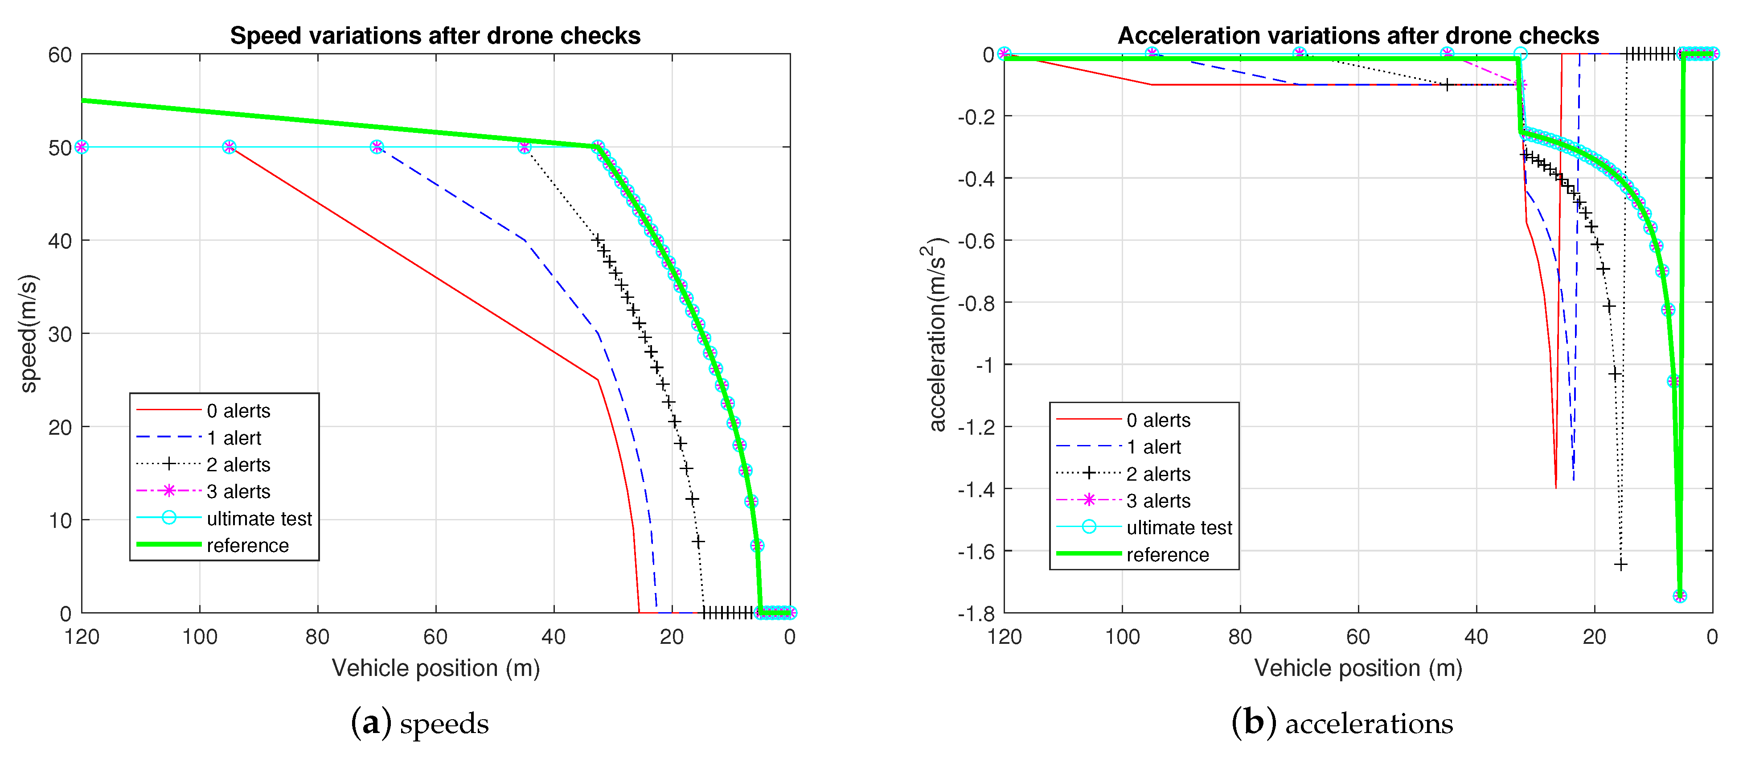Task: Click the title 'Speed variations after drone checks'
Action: click(x=435, y=35)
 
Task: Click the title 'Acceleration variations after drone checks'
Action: click(x=1358, y=35)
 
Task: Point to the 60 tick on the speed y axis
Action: click(x=60, y=55)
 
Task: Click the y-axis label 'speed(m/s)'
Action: click(x=29, y=333)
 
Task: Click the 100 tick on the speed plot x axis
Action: click(x=199, y=636)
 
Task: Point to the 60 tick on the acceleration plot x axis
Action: click(x=1358, y=636)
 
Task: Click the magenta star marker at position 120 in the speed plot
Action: click(x=82, y=147)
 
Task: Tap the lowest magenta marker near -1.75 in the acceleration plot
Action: click(x=1679, y=596)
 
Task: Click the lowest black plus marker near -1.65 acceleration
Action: click(x=1620, y=564)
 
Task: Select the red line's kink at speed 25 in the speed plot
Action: click(x=598, y=379)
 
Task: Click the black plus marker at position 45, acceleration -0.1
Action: click(x=1447, y=85)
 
